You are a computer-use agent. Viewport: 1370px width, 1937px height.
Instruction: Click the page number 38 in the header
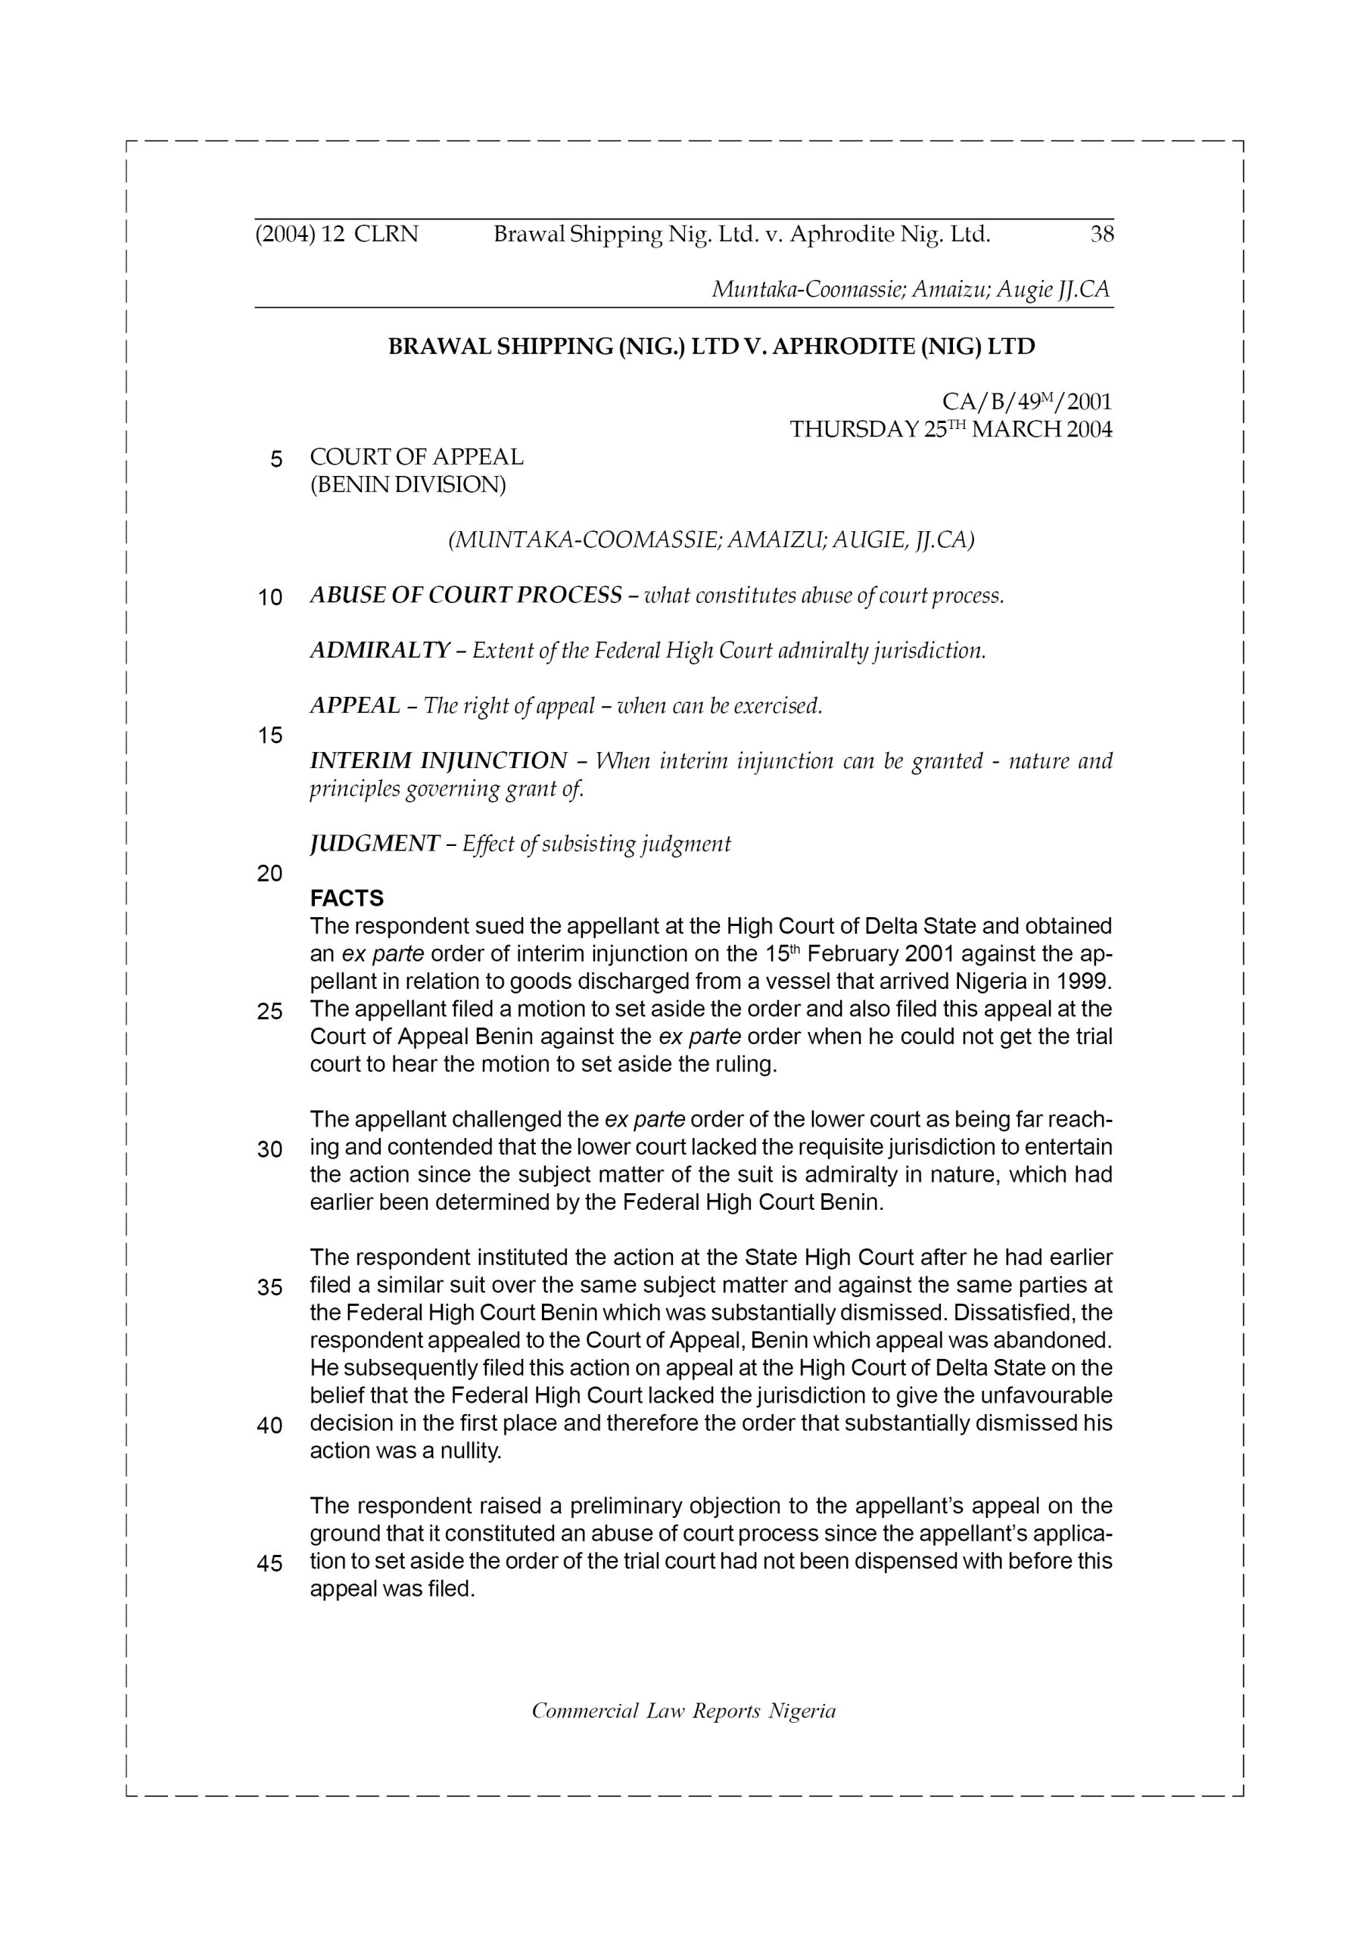tap(1101, 234)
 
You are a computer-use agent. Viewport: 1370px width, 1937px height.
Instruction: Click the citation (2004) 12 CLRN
tap(336, 234)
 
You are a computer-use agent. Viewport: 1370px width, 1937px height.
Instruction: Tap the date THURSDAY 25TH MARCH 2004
tap(951, 430)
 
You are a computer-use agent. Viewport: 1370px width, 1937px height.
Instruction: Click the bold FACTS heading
tap(347, 897)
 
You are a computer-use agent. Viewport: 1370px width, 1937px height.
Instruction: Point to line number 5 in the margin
tap(276, 459)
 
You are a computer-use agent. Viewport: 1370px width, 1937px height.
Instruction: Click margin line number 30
tap(269, 1149)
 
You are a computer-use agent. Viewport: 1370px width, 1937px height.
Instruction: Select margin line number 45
tap(269, 1563)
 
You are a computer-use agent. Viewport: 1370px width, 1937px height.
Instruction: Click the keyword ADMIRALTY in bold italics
tap(380, 651)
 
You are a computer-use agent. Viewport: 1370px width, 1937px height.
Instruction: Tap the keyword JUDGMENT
tap(375, 844)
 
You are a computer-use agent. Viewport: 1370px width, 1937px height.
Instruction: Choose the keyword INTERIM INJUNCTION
tap(438, 761)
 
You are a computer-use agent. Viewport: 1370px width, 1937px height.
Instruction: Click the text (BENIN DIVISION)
tap(408, 485)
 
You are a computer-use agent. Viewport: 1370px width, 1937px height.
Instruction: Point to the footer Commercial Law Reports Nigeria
tap(683, 1710)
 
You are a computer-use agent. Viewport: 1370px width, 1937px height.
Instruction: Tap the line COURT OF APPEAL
tap(416, 457)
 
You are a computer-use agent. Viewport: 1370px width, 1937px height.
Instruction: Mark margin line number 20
tap(269, 873)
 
